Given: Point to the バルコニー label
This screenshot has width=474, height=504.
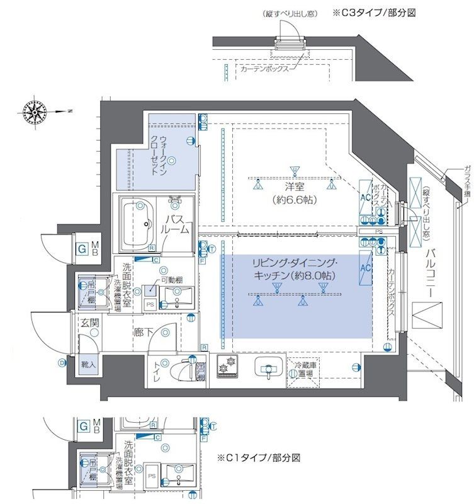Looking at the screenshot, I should pyautogui.click(x=431, y=273).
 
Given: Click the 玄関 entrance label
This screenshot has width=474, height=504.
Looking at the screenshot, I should pyautogui.click(x=89, y=323).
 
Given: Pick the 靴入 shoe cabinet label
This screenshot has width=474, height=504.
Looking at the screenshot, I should pyautogui.click(x=88, y=363).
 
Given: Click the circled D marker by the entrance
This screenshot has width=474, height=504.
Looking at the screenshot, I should pyautogui.click(x=62, y=363).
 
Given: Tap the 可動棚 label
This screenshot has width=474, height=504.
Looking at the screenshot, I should pyautogui.click(x=171, y=279).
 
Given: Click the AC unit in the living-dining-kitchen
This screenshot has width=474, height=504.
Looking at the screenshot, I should pyautogui.click(x=365, y=267).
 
